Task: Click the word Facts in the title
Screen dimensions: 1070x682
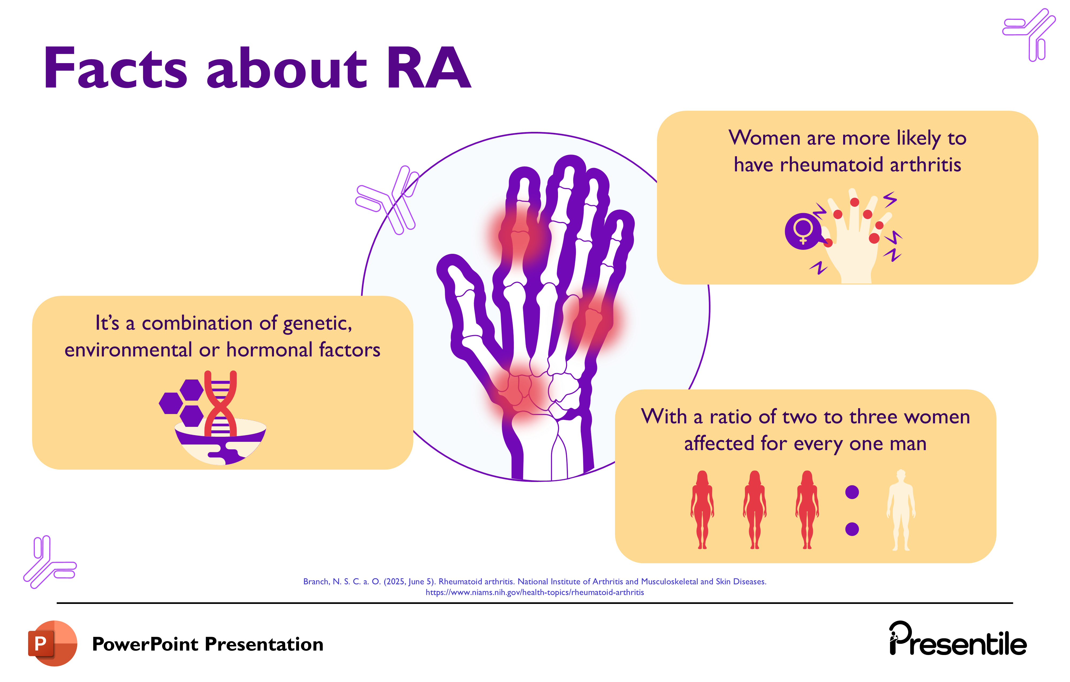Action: click(x=116, y=69)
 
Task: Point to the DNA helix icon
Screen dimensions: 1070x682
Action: click(x=220, y=402)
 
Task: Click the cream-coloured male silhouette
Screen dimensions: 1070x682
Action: click(x=901, y=510)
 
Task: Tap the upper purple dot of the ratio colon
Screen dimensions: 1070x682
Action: click(x=852, y=492)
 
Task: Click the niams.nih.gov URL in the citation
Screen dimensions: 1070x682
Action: click(x=534, y=592)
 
